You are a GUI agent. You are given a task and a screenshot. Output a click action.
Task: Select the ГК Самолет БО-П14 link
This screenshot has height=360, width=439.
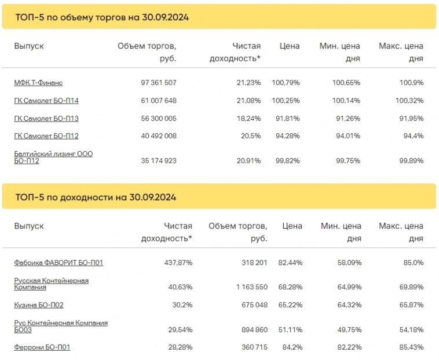(46, 101)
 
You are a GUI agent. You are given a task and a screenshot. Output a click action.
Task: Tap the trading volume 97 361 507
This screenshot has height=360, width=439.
(158, 83)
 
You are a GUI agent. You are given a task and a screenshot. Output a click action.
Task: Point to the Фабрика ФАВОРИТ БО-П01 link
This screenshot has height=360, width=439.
(58, 263)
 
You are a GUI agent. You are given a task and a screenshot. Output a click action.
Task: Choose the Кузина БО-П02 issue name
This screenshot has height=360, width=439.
(39, 305)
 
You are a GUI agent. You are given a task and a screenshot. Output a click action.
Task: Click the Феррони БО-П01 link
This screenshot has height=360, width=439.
(42, 347)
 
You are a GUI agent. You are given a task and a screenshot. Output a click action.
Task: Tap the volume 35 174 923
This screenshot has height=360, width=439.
(158, 161)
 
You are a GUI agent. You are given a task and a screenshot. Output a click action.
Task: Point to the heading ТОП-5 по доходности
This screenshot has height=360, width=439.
(96, 197)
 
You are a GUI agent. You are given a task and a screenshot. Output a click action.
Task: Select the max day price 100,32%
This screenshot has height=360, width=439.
(409, 101)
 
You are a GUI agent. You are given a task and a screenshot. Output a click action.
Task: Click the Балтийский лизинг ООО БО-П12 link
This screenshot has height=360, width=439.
(53, 157)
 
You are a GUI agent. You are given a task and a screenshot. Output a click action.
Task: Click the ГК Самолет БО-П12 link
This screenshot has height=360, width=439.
(46, 137)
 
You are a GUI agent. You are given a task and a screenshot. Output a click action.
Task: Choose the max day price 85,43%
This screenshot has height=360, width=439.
(409, 347)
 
